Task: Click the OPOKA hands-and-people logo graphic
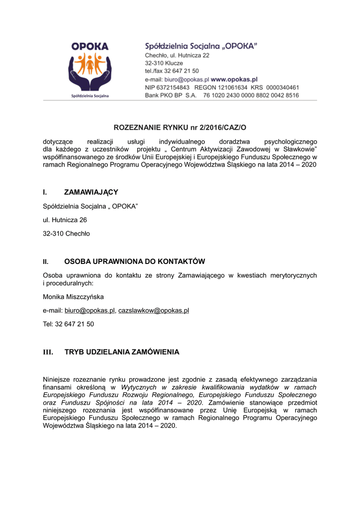click(x=90, y=69)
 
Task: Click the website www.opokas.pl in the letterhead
click(x=234, y=79)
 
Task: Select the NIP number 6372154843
click(x=174, y=87)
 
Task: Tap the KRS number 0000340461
click(x=282, y=87)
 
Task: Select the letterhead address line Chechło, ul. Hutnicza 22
click(x=177, y=55)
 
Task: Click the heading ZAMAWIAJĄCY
click(x=91, y=192)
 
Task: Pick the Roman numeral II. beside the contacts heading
click(x=46, y=261)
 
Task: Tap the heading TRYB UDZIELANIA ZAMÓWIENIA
click(x=122, y=352)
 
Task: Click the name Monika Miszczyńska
click(x=74, y=297)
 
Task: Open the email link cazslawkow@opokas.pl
click(x=154, y=311)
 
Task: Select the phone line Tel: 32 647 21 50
click(x=69, y=324)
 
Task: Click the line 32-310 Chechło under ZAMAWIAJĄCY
click(x=67, y=234)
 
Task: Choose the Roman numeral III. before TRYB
click(x=48, y=352)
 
